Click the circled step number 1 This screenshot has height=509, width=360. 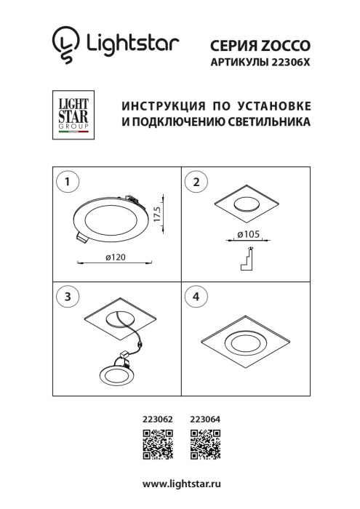point(67,183)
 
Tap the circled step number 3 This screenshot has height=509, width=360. point(67,297)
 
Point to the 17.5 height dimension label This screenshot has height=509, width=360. point(167,215)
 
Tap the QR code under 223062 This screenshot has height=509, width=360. point(158,444)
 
